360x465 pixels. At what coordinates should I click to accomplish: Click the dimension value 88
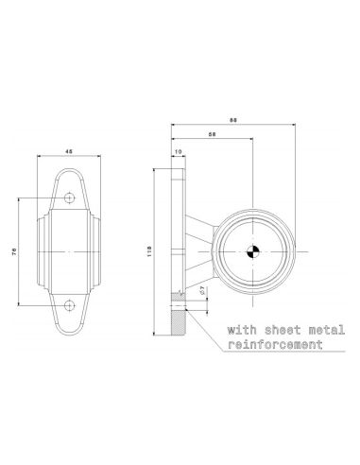(x=232, y=119)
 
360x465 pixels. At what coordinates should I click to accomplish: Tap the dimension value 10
(x=178, y=151)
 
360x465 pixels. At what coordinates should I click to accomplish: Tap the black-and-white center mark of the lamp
(x=252, y=251)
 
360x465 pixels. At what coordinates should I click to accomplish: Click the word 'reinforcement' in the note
(x=269, y=346)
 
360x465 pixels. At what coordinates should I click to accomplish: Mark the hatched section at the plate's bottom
(x=179, y=315)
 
